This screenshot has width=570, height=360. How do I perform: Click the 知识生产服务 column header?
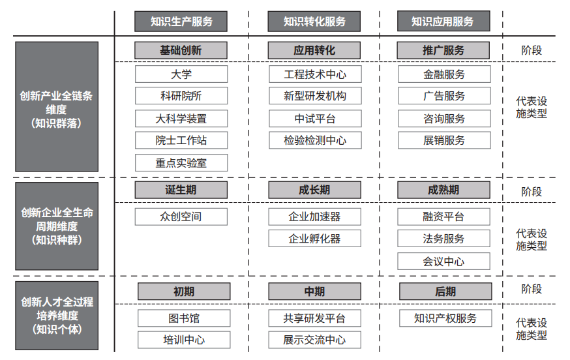pyautogui.click(x=181, y=22)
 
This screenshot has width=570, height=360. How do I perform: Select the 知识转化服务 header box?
pyautogui.click(x=314, y=22)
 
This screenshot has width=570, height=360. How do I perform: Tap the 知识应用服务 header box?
pyautogui.click(x=443, y=21)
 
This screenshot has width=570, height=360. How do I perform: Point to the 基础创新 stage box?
pyautogui.click(x=181, y=50)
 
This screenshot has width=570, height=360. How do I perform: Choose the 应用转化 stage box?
pyautogui.click(x=314, y=50)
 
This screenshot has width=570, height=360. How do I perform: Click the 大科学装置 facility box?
pyautogui.click(x=181, y=119)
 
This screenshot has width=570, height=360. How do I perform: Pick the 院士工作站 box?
pyautogui.click(x=181, y=140)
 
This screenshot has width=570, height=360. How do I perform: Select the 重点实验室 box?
pyautogui.click(x=181, y=162)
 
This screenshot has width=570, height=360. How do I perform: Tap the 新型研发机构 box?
pyautogui.click(x=315, y=96)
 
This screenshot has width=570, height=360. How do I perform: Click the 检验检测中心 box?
pyautogui.click(x=315, y=140)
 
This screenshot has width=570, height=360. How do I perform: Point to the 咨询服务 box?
pyautogui.click(x=444, y=119)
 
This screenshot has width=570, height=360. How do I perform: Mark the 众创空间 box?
pyautogui.click(x=181, y=217)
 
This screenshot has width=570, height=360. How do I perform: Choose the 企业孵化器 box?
pyautogui.click(x=315, y=239)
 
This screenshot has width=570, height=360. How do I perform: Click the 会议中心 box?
pyautogui.click(x=444, y=261)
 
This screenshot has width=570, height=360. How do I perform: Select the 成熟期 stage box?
pyautogui.click(x=444, y=190)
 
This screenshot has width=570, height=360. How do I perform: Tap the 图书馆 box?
pyautogui.click(x=184, y=318)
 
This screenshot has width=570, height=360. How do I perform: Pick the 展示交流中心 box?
pyautogui.click(x=315, y=340)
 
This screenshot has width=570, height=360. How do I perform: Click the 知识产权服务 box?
pyautogui.click(x=445, y=318)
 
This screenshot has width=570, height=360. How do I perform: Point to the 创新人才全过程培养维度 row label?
pyautogui.click(x=57, y=316)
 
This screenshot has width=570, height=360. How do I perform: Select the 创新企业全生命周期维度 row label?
pyautogui.click(x=57, y=226)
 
